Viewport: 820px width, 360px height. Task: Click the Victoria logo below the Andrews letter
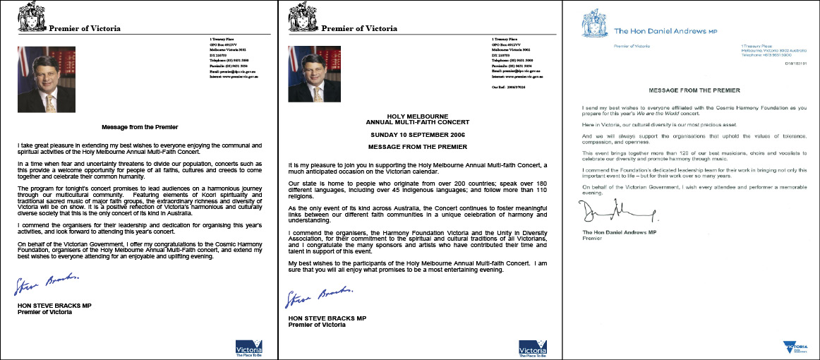pyautogui.click(x=795, y=346)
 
